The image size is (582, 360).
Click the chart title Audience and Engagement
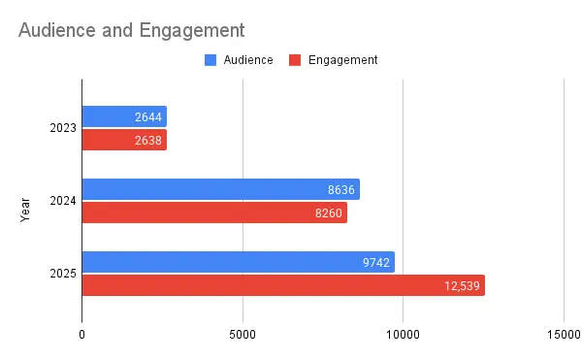coord(131,30)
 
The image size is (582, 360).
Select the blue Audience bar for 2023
coord(124,116)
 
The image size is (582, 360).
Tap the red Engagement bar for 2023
coord(124,140)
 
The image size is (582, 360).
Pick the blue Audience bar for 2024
coord(220,189)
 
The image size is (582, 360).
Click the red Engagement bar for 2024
coord(214,213)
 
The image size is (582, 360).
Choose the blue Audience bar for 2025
coord(238,262)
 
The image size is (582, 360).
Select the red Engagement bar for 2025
coord(283,285)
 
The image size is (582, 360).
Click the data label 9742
coord(374,262)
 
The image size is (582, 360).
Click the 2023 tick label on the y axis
coord(63,128)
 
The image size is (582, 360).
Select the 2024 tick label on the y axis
coord(63,201)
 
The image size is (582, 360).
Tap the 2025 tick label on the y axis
coord(63,274)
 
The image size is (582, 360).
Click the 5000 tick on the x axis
coord(242,335)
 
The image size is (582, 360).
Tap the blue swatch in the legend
coord(210,60)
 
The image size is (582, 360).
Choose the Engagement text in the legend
coord(342,60)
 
